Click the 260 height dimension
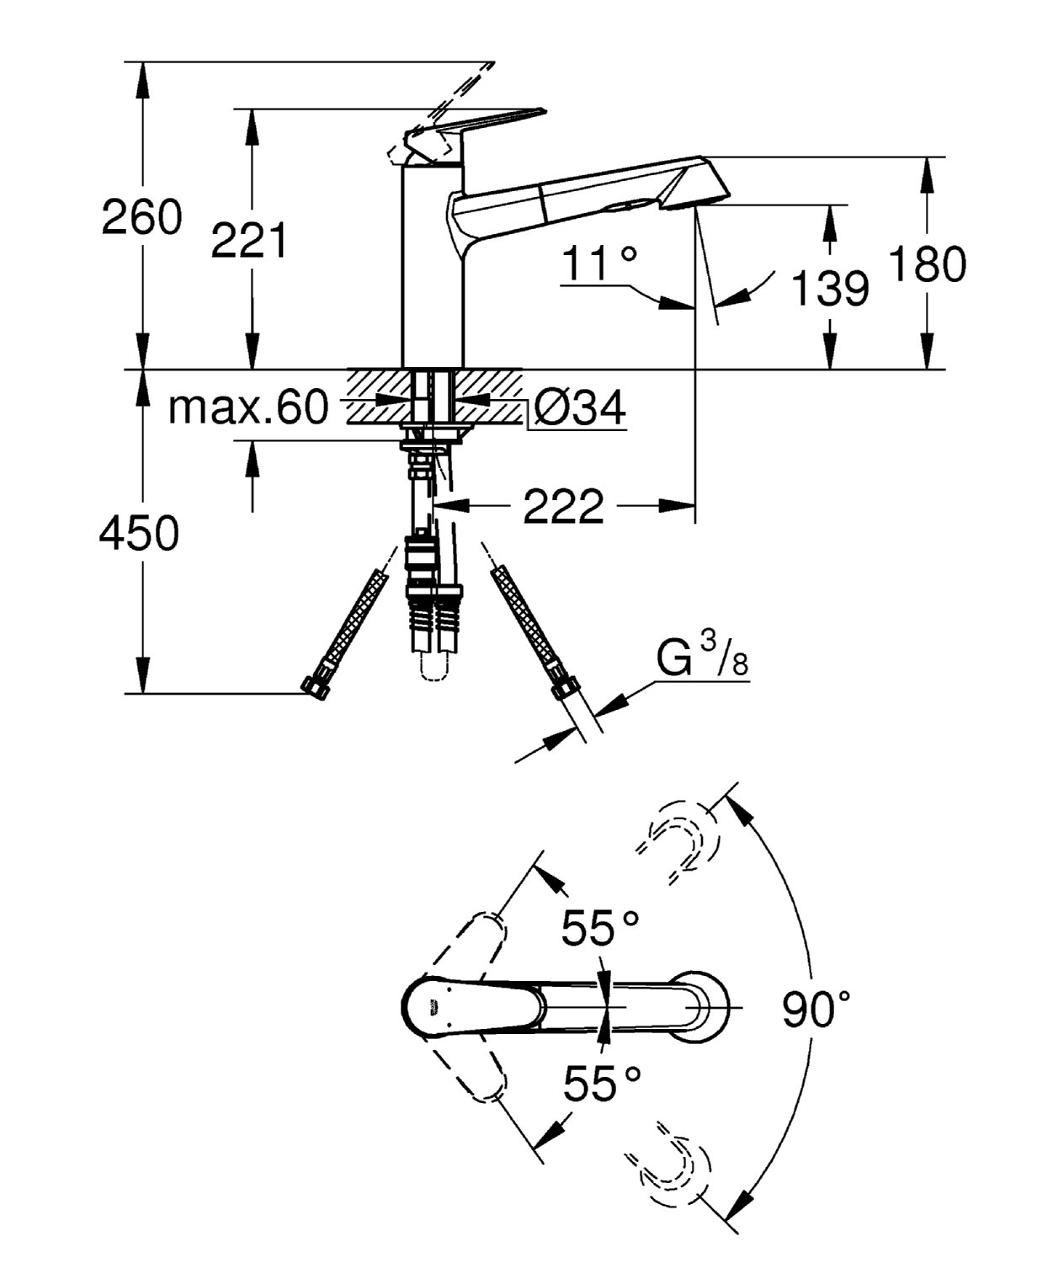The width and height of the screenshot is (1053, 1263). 141,217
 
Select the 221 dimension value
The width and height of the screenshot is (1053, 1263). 249,241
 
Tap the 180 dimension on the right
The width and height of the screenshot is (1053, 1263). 928,264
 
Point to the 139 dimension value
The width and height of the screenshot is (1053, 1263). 829,288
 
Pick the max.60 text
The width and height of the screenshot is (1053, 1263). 247,408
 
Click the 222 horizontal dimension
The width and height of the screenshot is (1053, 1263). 563,506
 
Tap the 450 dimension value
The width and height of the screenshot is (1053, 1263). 139,533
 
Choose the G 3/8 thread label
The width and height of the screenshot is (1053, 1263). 702,658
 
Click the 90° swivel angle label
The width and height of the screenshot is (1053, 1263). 816,1009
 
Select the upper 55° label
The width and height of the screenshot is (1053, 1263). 600,929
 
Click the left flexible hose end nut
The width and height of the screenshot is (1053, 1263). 315,686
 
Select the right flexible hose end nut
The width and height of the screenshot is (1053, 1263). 561,690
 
